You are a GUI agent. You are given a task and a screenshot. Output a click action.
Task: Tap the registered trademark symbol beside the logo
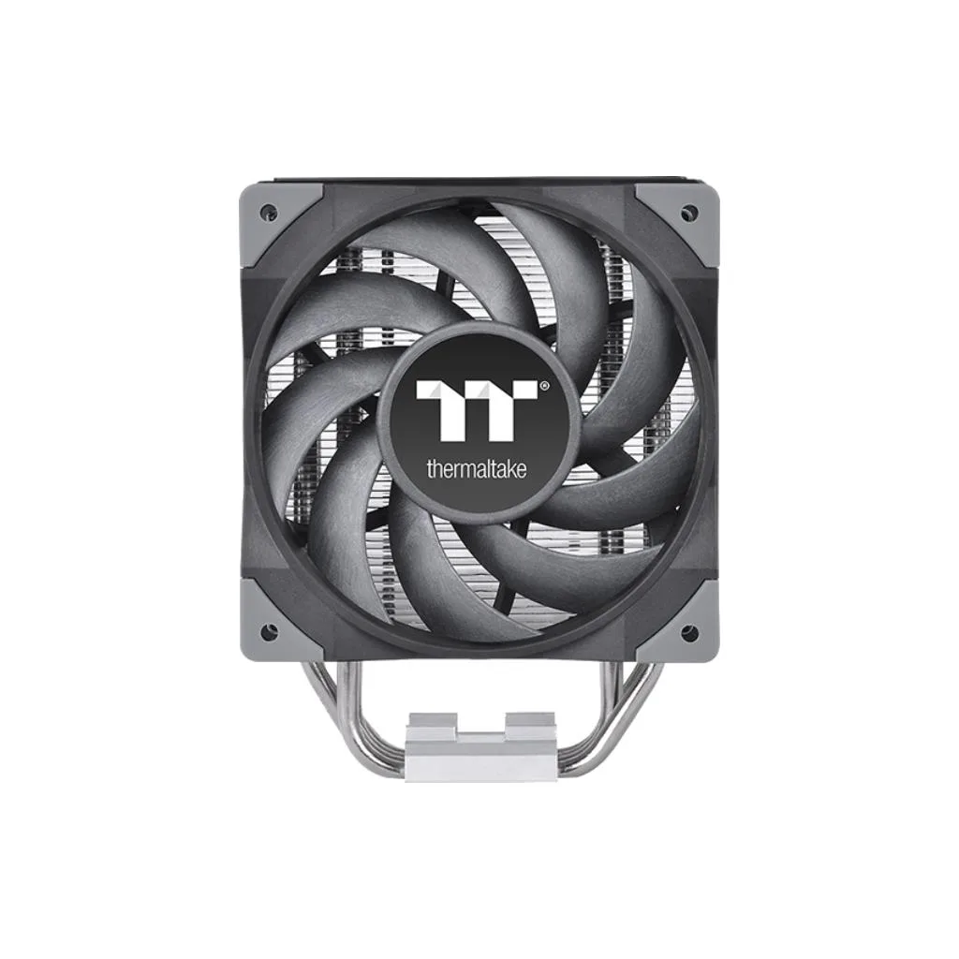tap(544, 386)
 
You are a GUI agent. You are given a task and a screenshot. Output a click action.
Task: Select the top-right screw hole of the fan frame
tap(687, 212)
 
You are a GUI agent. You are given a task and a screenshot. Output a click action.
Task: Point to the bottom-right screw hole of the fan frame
tap(687, 629)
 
